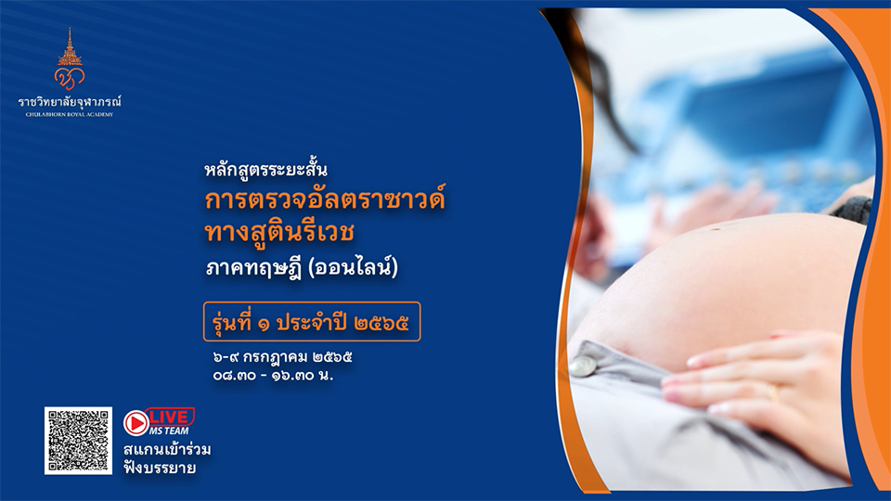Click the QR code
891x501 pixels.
(78, 440)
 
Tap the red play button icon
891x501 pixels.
(136, 423)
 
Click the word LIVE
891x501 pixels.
(169, 417)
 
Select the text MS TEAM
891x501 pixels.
(169, 431)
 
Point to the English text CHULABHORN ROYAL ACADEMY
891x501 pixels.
(70, 114)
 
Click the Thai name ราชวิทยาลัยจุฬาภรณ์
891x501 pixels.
(70, 102)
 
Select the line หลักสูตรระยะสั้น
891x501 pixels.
(266, 169)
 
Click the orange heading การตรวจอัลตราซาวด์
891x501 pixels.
(325, 200)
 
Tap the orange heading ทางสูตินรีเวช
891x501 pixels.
(279, 232)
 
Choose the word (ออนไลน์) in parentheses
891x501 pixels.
(353, 267)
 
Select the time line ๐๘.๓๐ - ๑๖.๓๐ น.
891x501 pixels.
(273, 376)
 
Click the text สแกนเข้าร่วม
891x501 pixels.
(167, 450)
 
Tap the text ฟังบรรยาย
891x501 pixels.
(160, 468)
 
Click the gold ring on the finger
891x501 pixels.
(772, 392)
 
